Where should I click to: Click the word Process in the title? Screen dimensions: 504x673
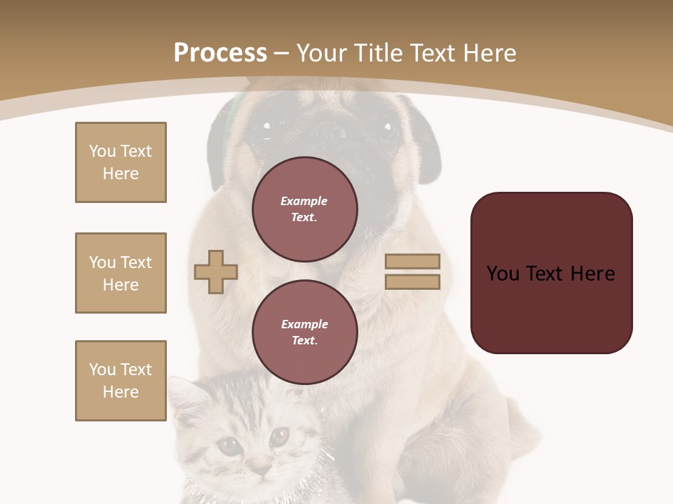[220, 53]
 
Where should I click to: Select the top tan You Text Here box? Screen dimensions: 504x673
[121, 162]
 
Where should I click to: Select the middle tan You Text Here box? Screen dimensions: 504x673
[121, 273]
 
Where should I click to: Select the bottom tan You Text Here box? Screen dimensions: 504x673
[121, 381]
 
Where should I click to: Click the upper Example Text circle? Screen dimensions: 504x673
[304, 209]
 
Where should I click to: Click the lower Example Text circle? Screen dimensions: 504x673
[304, 332]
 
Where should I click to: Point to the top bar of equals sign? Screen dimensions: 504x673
[412, 261]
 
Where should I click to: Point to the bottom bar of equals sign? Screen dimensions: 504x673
[412, 281]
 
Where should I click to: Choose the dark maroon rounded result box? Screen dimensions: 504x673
[551, 273]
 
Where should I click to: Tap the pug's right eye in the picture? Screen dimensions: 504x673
[388, 127]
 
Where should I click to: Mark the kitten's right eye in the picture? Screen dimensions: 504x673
[279, 437]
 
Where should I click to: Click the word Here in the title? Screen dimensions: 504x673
[489, 53]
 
